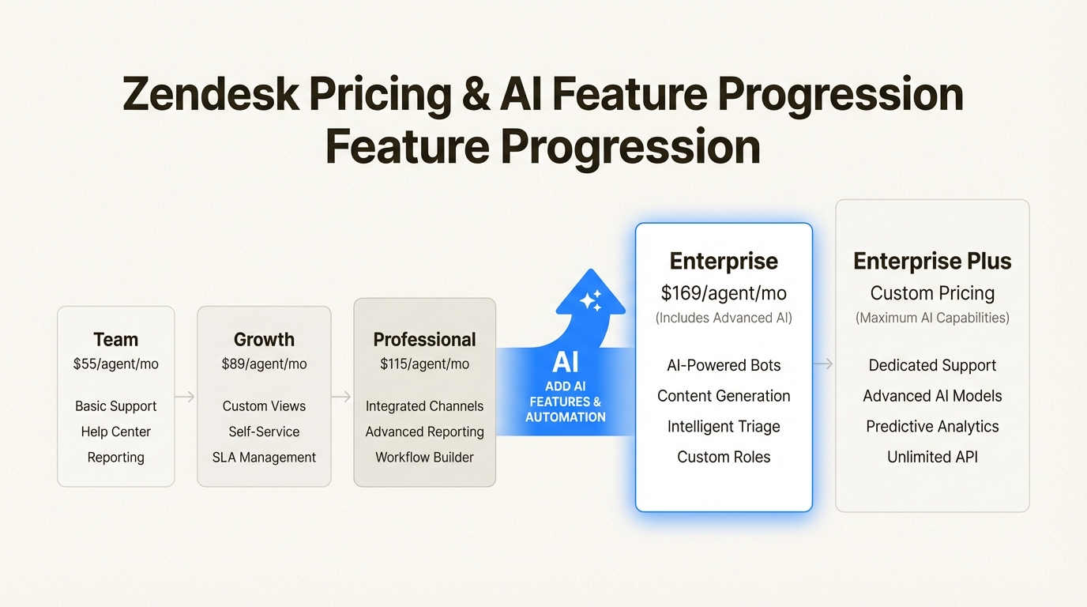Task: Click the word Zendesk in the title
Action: pos(211,94)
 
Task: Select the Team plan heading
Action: pos(116,339)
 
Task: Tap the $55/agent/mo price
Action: pos(116,364)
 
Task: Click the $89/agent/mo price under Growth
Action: pos(264,364)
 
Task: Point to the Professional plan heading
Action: pos(425,339)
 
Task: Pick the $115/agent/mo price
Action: pos(425,364)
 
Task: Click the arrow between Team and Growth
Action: pos(185,397)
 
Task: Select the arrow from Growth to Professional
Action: pos(341,397)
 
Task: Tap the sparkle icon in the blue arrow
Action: pos(591,300)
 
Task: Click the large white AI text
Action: pos(566,362)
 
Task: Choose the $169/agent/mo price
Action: pos(724,293)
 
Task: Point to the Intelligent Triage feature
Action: pos(724,426)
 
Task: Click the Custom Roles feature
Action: pos(724,457)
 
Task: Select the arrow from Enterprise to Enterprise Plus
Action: pos(823,364)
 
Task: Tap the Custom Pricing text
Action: pos(932,293)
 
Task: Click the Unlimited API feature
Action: pos(932,457)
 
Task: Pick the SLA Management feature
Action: pos(264,458)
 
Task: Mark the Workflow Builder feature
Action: pos(425,458)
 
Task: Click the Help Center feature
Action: pos(116,432)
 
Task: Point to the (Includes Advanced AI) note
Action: pos(724,318)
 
